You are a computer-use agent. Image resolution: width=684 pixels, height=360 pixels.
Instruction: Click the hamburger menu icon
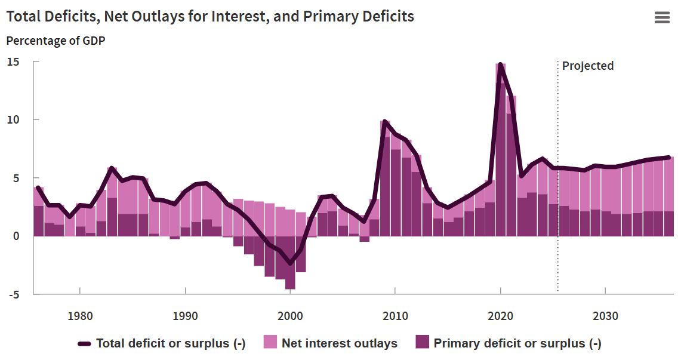coord(662,17)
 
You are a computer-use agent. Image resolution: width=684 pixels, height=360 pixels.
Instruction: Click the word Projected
coord(587,66)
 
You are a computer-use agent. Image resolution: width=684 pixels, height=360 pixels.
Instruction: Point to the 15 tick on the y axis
coord(13,62)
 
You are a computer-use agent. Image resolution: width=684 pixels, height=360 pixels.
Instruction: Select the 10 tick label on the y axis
coord(13,119)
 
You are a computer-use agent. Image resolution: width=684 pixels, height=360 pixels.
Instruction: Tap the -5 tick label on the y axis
coord(13,294)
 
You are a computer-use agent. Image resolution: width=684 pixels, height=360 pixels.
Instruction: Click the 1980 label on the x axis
coord(79,315)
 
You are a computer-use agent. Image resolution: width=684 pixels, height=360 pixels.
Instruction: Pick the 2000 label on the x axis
coord(291,315)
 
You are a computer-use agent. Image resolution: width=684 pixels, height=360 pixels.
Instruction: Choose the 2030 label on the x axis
coord(606,315)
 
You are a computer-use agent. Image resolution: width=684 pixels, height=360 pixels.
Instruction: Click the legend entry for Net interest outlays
coord(339,343)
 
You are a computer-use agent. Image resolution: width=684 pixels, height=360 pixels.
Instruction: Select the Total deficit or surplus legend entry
coord(170,343)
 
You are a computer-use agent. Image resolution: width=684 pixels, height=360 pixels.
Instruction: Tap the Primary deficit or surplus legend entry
coord(517,343)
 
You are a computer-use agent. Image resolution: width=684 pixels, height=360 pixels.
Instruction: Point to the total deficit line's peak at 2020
coord(500,64)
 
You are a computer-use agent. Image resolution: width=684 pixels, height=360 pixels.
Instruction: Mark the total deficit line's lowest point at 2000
coord(291,263)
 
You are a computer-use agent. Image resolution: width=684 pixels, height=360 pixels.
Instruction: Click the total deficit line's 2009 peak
coord(385,122)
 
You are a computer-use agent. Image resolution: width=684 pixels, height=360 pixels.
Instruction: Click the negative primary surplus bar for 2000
coord(291,263)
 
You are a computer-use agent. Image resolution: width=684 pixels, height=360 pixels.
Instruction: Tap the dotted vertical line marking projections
coord(558,179)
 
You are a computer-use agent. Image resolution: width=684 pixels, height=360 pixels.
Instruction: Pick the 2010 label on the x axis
coord(395,315)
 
